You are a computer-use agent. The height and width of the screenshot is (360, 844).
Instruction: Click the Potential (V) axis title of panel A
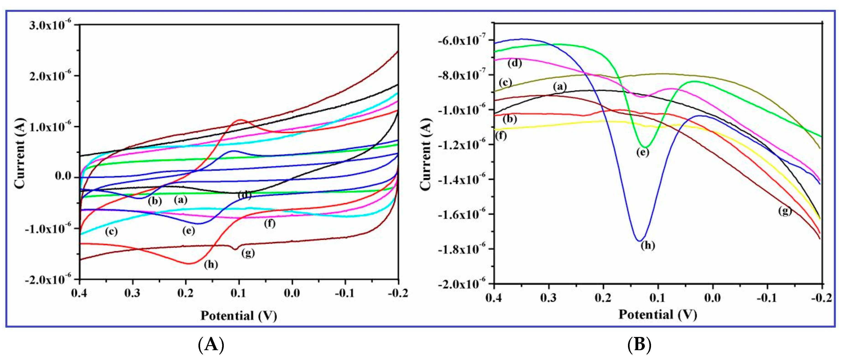click(239, 316)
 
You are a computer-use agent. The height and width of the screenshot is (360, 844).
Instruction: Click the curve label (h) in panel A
click(211, 264)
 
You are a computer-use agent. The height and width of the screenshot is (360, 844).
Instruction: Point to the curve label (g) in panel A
click(248, 253)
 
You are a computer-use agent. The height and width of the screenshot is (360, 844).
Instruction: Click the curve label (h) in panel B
click(648, 245)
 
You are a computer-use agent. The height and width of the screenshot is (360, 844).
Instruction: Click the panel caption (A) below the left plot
click(211, 345)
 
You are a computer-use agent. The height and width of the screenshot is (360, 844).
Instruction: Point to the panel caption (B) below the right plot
click(639, 345)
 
